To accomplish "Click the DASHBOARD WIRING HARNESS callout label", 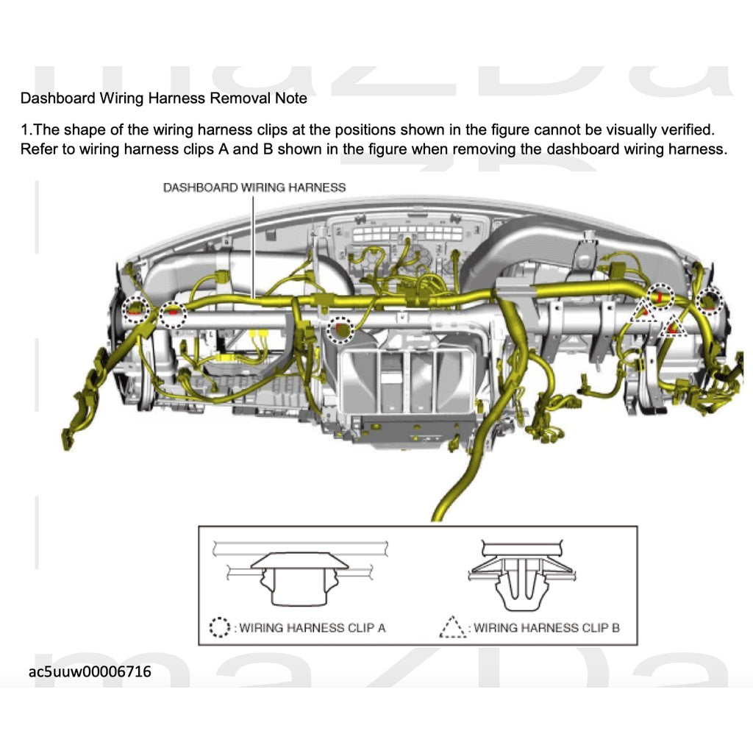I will (254, 188).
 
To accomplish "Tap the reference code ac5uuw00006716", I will (90, 671).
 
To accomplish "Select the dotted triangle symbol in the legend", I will (453, 627).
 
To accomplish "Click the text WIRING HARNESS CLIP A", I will (312, 628).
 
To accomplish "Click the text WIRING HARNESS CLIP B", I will (546, 628).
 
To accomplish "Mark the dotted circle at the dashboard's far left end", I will (136, 309).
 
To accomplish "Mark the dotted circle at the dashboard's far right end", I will (710, 299).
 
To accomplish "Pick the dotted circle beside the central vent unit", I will (340, 330).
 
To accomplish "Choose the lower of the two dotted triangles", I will (672, 324).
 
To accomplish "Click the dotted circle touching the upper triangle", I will (660, 296).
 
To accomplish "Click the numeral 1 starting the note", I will (24, 130).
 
